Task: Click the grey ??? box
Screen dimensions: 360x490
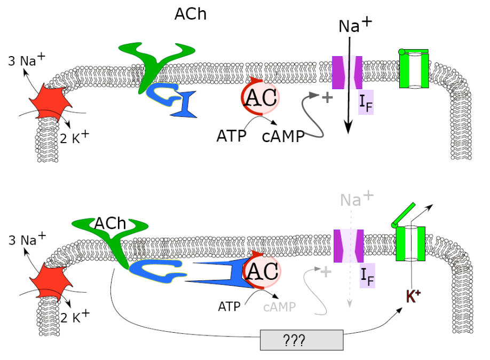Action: point(302,340)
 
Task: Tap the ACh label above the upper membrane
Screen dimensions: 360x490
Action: point(191,14)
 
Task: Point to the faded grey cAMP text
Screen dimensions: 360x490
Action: point(280,307)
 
